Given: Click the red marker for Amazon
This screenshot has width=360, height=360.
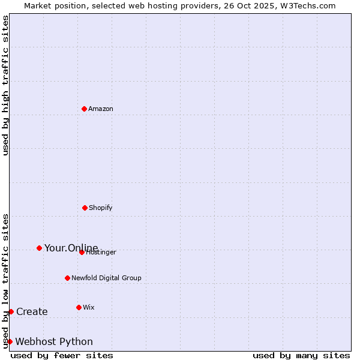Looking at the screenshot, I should click(84, 109).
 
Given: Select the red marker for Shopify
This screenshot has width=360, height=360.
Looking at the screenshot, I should click(85, 208).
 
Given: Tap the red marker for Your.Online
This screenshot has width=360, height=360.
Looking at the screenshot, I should click(39, 248).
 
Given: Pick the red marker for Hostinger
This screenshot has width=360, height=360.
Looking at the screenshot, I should click(82, 252).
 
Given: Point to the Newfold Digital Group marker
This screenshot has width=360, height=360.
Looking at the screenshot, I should click(67, 278).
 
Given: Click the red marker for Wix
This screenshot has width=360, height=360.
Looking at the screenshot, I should click(79, 307).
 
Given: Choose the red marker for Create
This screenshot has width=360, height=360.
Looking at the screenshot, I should click(11, 311).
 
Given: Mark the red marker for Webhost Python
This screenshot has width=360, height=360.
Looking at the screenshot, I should click(10, 341).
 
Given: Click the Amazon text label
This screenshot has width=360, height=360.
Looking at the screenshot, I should click(101, 109).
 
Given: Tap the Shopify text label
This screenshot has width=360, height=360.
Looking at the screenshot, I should click(101, 208).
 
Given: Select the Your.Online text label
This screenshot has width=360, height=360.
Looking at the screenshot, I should click(71, 248).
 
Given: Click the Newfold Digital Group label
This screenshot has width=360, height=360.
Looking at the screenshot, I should click(106, 278).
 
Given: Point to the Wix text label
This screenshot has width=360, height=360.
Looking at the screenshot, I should click(89, 307).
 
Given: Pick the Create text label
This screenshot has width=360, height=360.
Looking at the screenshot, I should click(32, 311).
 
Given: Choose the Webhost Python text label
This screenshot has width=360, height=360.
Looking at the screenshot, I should click(54, 341).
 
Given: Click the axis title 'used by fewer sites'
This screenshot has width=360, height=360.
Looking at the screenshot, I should click(62, 355).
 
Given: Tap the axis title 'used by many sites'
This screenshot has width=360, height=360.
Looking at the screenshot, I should click(301, 355).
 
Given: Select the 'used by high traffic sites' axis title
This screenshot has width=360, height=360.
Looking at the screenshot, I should click(5, 85).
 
